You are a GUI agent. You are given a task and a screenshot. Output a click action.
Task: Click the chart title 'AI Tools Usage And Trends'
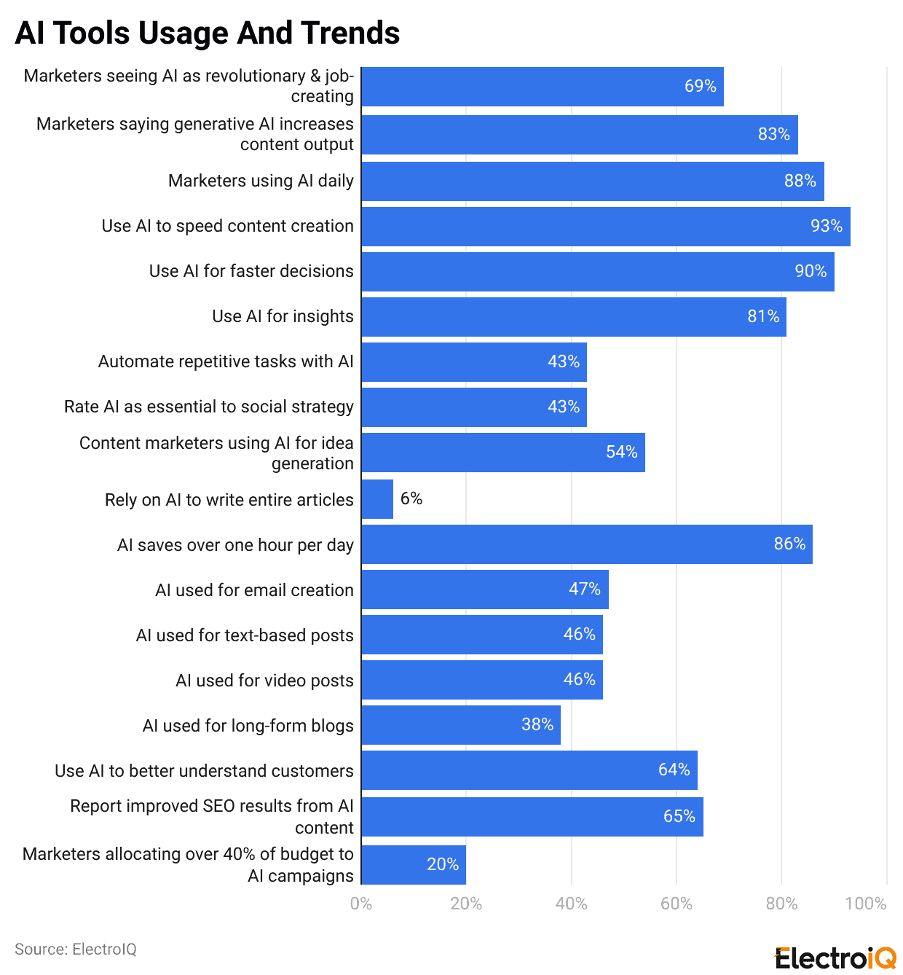click(208, 33)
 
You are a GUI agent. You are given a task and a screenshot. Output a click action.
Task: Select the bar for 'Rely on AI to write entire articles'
click(377, 499)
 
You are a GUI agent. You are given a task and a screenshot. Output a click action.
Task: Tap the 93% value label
click(827, 226)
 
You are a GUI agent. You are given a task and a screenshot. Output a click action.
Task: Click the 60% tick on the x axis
click(676, 904)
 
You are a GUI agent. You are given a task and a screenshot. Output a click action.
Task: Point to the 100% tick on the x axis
click(865, 904)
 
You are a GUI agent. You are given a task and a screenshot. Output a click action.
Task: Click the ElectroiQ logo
click(835, 958)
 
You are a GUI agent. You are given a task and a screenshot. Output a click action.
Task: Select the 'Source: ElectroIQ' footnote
click(76, 949)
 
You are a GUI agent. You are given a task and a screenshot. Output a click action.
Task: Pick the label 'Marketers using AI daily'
click(261, 181)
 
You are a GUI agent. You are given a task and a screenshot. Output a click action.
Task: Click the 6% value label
click(411, 498)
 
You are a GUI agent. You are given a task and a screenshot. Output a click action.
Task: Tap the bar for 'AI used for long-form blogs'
click(460, 725)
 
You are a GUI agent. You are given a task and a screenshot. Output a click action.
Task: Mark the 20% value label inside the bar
click(443, 864)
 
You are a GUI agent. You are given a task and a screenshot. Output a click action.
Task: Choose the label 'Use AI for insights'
click(283, 316)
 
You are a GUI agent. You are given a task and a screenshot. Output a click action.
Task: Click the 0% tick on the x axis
click(361, 904)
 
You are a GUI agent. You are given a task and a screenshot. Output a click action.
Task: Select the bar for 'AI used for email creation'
click(484, 590)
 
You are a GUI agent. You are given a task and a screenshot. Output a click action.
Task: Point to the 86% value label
click(789, 544)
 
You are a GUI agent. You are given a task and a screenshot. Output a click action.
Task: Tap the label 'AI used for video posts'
click(264, 681)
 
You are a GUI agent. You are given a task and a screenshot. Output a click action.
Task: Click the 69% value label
click(700, 86)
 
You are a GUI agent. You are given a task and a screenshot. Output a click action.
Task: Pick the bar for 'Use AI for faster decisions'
click(597, 272)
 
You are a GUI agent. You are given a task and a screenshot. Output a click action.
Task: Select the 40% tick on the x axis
click(571, 904)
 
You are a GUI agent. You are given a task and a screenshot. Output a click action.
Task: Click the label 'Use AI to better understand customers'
click(204, 771)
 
